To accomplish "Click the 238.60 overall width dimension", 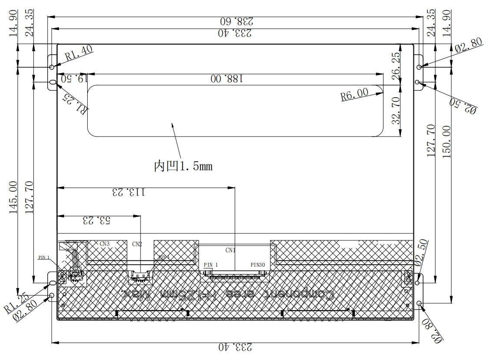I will (x=236, y=20).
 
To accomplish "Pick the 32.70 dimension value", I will (x=395, y=111).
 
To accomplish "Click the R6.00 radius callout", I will (x=354, y=95).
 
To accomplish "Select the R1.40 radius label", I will (x=79, y=54).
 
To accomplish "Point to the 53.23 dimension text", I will (x=97, y=220).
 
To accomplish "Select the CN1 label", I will (x=230, y=250).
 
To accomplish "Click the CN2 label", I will (x=137, y=244).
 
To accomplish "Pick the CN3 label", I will (x=105, y=244).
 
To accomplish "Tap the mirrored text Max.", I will (x=136, y=295).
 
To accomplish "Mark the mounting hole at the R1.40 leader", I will (x=52, y=67).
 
